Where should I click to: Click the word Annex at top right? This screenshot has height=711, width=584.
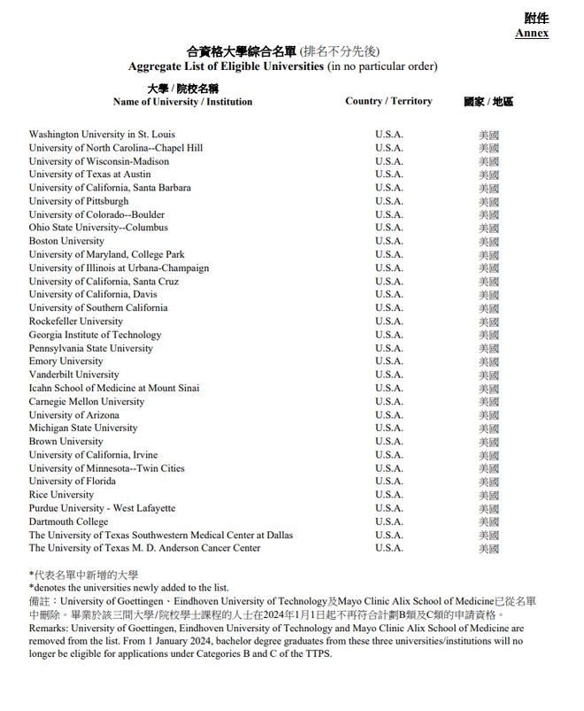[531, 33]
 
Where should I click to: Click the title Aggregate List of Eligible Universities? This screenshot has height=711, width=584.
[227, 66]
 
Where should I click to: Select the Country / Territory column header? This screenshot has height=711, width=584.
[388, 101]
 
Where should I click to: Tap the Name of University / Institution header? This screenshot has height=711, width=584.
[182, 102]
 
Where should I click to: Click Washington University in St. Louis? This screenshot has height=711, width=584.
[102, 135]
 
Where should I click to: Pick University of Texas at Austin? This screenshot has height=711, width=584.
[89, 174]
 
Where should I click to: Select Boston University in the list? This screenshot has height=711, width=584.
[66, 241]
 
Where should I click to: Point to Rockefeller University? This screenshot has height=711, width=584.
[76, 321]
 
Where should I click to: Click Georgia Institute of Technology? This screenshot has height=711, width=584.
[95, 335]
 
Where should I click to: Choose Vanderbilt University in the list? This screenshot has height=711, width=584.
[73, 375]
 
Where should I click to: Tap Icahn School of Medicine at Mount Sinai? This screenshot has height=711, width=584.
[114, 388]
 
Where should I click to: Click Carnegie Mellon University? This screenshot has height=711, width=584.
[87, 401]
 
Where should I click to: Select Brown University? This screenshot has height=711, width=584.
[65, 441]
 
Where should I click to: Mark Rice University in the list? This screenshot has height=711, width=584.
[62, 495]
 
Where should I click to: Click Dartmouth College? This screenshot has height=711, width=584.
[68, 522]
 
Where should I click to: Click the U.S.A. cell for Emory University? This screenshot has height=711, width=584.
[388, 361]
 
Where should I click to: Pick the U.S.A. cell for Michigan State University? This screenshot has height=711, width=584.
[388, 428]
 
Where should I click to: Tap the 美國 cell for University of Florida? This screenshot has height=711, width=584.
[488, 482]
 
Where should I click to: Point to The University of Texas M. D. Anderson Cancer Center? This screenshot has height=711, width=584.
[144, 548]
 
